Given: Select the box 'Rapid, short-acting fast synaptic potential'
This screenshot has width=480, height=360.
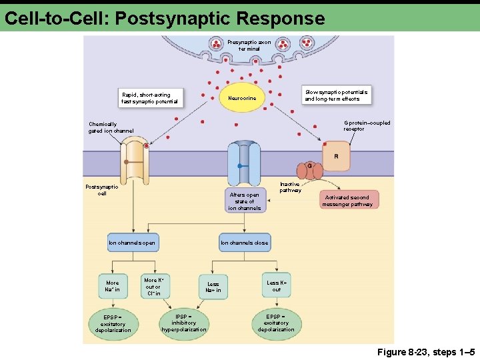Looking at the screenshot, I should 150,98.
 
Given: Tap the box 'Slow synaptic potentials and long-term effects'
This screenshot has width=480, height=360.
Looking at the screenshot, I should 336,95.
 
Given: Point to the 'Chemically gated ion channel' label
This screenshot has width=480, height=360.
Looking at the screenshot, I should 111,127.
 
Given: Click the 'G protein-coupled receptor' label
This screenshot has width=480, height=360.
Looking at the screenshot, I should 367,125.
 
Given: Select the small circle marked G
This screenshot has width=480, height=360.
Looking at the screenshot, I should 309,165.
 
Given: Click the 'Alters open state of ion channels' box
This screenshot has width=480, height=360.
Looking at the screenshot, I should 245,201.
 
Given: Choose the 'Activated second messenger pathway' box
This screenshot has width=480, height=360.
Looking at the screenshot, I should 348,201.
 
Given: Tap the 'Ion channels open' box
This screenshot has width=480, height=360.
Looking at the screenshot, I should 132,243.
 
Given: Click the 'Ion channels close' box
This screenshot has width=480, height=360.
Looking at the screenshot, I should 245,243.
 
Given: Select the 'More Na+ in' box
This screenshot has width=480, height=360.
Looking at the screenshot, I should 113,286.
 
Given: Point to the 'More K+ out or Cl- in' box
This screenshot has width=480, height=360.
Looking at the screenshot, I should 153,287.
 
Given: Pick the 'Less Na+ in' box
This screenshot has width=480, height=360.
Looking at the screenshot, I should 213,287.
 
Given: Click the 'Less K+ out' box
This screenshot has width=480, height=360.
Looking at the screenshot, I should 277,285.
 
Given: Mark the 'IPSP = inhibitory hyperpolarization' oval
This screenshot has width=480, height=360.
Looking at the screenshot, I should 184,323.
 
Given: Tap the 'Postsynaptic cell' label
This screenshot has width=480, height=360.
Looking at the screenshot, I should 102,190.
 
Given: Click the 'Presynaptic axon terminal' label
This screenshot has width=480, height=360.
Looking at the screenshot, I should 249,45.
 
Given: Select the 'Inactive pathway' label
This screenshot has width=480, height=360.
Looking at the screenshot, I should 290,187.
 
